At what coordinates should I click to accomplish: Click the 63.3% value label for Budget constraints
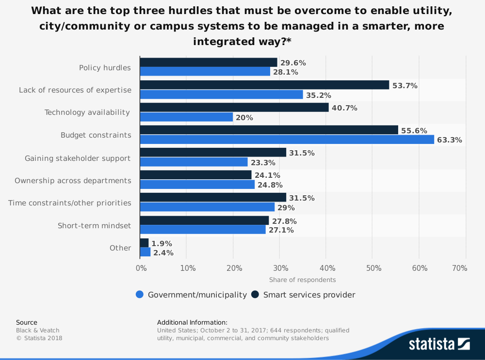point(449,140)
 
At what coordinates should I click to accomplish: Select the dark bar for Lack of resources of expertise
point(264,85)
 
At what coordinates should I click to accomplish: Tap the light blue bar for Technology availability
point(186,117)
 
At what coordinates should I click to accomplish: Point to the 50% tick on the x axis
point(372,268)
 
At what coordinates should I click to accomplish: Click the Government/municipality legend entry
point(192,295)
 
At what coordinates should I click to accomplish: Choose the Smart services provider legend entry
point(303,295)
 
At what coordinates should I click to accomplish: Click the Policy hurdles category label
point(105,67)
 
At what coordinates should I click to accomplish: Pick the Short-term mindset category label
point(94,225)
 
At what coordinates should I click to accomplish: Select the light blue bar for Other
point(145,252)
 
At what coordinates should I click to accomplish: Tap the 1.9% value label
point(162,244)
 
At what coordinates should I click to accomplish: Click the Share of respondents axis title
point(302,280)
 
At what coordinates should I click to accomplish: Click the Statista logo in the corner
point(439,344)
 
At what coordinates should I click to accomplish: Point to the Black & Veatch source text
point(38,330)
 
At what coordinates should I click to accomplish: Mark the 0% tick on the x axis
point(141,268)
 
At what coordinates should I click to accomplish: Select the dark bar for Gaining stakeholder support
point(213,153)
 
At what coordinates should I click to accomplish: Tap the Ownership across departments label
point(73,180)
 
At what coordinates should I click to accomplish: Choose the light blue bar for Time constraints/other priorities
point(207,207)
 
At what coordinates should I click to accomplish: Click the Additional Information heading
point(192,322)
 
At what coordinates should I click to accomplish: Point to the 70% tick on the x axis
point(459,268)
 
